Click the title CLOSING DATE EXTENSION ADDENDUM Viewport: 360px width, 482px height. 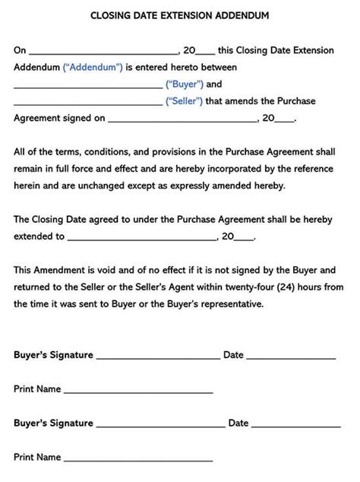pos(179,15)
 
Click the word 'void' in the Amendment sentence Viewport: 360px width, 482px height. pos(96,270)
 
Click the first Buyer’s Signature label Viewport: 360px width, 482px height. pos(53,355)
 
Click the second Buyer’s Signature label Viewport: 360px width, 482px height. pos(53,423)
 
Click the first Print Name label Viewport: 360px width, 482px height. pos(37,388)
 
